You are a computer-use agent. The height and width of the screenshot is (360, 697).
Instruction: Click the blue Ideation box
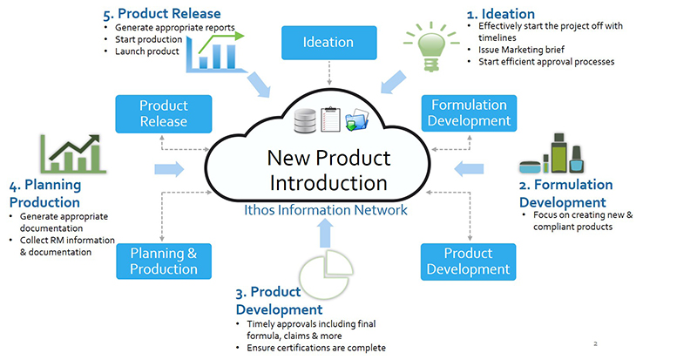coord(328,42)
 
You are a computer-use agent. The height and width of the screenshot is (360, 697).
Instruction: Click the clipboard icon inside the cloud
coord(331,119)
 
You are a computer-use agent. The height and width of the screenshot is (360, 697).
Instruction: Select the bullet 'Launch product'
coord(147,51)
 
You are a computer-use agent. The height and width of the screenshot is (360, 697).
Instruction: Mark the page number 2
coord(594,343)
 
